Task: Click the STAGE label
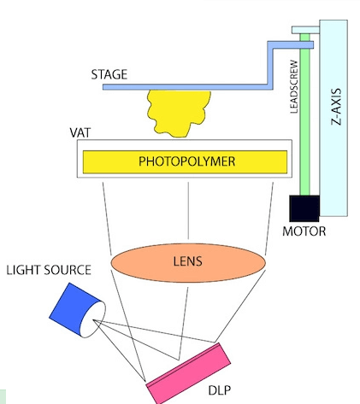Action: [109, 74]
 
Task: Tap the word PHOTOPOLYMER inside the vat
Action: [187, 161]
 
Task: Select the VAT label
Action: [80, 132]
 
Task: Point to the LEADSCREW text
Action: [294, 86]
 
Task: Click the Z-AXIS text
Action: [336, 107]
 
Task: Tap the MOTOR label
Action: [304, 231]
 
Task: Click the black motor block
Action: [304, 208]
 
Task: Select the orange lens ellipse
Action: [188, 262]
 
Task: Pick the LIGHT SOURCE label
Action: [49, 270]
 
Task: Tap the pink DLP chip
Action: [188, 373]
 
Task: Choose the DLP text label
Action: [219, 390]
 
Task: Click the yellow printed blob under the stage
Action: [179, 113]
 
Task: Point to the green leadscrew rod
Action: [304, 114]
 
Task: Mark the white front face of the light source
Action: [96, 319]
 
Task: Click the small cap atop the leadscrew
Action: [305, 30]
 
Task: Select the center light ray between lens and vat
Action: [188, 211]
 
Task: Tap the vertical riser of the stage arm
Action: [270, 66]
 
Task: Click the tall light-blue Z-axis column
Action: [333, 118]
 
